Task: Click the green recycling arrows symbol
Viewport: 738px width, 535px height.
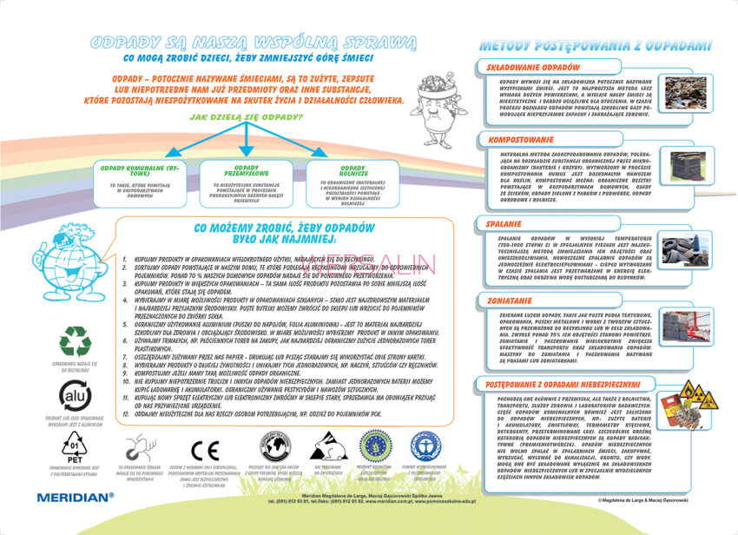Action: pyautogui.click(x=75, y=342)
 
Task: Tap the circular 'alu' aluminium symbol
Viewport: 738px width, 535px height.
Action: pyautogui.click(x=74, y=395)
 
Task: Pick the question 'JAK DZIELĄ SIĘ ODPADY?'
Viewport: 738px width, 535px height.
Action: pyautogui.click(x=246, y=116)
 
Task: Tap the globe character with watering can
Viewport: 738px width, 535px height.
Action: pyautogui.click(x=65, y=261)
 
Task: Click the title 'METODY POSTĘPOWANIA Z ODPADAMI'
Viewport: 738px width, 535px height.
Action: pyautogui.click(x=595, y=44)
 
